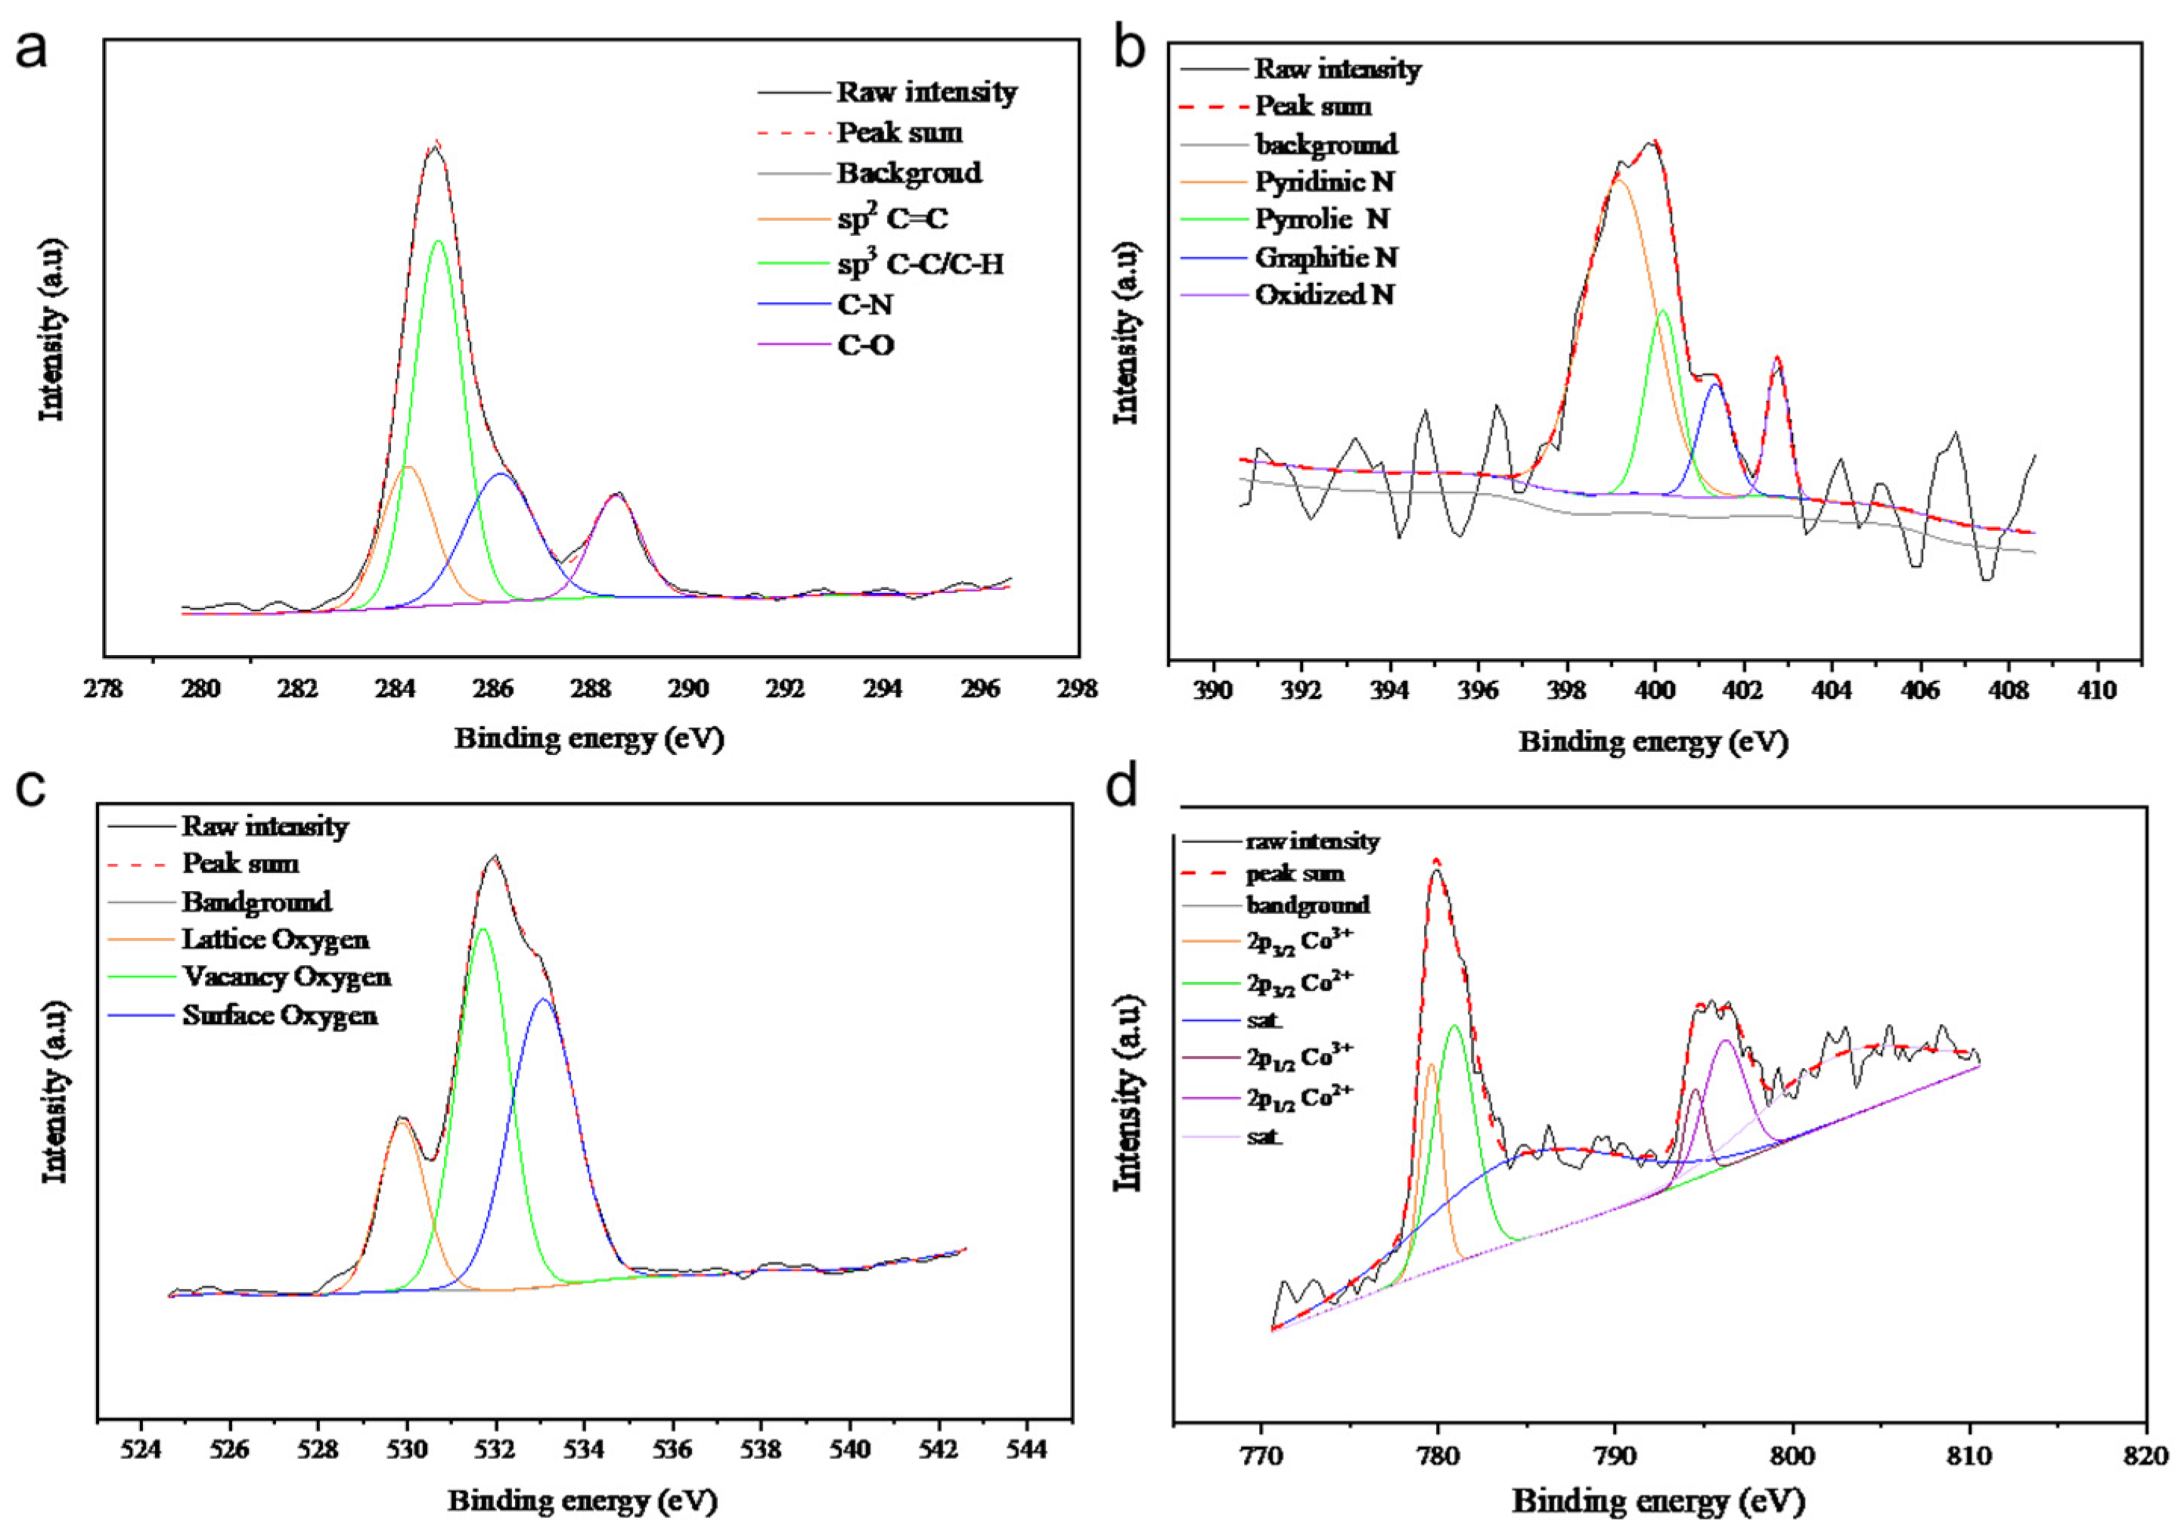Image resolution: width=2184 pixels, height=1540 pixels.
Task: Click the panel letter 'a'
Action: tap(32, 49)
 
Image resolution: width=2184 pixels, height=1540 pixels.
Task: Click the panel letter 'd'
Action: tap(1125, 787)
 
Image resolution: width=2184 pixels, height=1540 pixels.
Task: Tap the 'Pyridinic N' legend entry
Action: tap(1324, 182)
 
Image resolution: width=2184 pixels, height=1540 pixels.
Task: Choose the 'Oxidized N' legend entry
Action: tap(1324, 295)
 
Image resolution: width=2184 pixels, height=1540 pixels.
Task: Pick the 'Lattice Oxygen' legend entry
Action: tap(275, 939)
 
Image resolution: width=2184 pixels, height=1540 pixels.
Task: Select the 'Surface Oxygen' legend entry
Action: tap(280, 1016)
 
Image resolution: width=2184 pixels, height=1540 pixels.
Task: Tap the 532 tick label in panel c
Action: tap(495, 1451)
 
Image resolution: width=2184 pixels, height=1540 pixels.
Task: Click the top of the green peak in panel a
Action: tap(439, 241)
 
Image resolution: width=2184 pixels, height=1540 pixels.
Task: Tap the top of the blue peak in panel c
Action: tap(543, 998)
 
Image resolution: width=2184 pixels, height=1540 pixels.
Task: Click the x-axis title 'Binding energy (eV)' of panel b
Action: tap(1653, 742)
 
